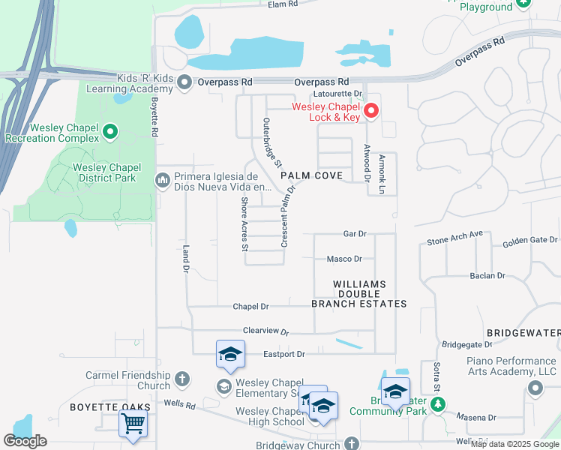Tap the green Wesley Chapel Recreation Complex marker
coord(110,133)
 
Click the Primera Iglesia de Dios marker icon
coord(162,180)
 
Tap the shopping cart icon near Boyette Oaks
coord(133,422)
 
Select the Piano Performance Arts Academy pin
coord(535,388)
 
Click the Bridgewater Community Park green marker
coord(437,405)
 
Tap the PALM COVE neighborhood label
coord(311,175)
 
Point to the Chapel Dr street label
coord(250,306)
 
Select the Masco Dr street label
coord(344,259)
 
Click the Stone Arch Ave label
coord(455,239)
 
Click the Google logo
coord(25,440)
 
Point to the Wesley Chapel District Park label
coord(104,172)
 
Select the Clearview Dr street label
coord(265,330)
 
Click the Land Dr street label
coord(184,259)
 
